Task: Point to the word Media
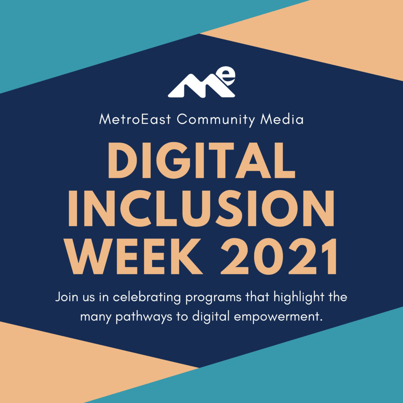click(282, 119)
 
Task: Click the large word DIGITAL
click(201, 160)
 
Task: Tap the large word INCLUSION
click(201, 209)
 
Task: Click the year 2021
click(279, 256)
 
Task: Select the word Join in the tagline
click(67, 297)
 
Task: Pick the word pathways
click(144, 317)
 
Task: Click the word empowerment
click(278, 317)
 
